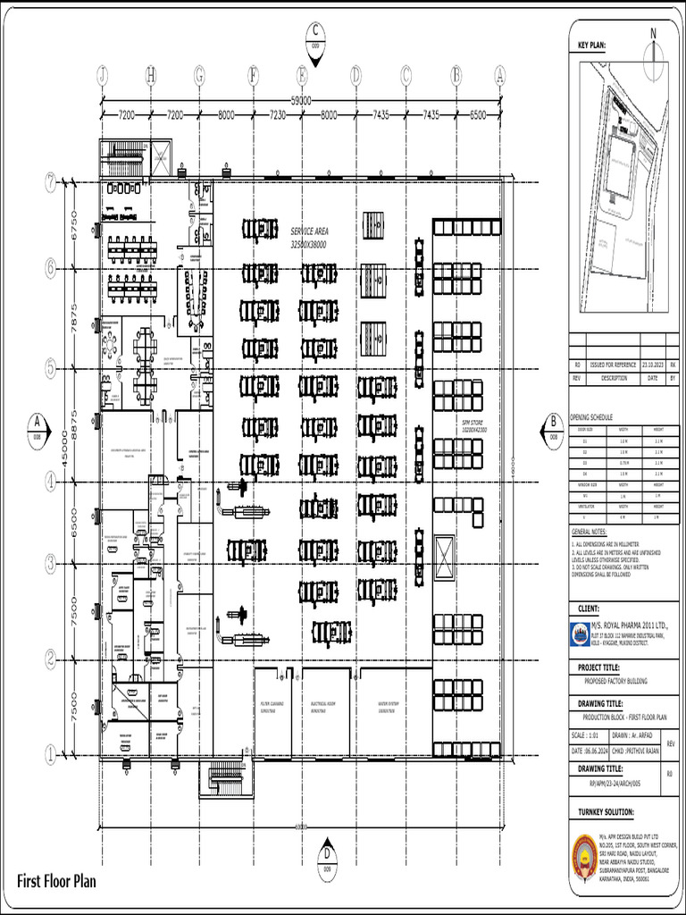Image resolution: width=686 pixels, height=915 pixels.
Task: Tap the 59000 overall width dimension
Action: coord(303,101)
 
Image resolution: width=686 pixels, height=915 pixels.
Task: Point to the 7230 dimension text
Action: coord(277,115)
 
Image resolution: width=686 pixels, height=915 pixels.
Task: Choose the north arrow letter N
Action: coord(653,33)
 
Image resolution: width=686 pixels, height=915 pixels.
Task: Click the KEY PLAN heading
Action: coord(591,44)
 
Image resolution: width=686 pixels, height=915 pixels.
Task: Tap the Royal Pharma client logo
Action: coord(579,634)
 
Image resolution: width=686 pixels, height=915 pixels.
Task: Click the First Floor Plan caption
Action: coord(56,882)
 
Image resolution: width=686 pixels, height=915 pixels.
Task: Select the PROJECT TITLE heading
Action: coord(598,667)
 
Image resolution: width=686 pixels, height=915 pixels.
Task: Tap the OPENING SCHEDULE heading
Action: coord(592,417)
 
